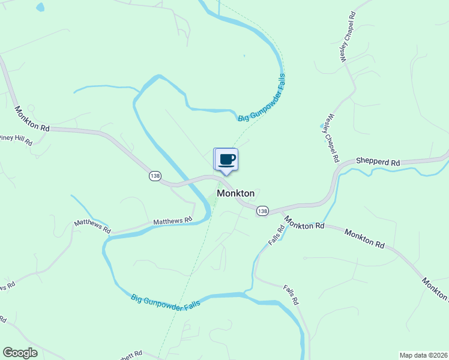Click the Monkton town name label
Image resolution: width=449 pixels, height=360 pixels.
pos(235,193)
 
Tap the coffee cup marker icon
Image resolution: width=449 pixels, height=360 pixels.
pos(226,160)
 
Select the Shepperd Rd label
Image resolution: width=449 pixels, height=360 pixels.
pos(378,162)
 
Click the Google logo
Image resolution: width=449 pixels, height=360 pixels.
pos(20,353)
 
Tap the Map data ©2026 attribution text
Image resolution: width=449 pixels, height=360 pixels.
pos(423,355)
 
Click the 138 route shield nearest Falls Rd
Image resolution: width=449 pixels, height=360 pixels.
pos(262,211)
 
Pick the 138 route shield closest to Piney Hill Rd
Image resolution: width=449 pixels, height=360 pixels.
pos(155,176)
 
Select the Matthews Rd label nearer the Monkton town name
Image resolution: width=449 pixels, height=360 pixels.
pos(172,221)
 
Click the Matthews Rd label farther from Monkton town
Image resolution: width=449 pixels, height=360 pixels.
pos(92,226)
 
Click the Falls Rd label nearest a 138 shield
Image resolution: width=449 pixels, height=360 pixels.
pos(276,235)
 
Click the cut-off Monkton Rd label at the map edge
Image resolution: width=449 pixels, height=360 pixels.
pos(435,289)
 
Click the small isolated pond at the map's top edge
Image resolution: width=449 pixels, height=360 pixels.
pos(40,8)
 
